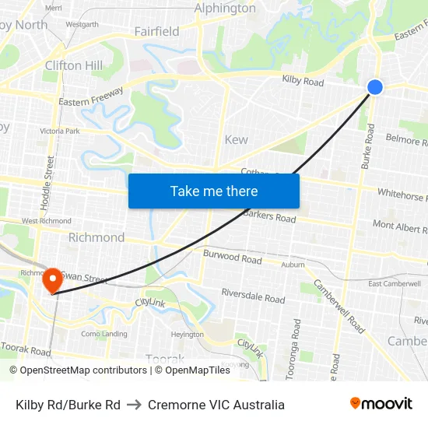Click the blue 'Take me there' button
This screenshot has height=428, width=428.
pyautogui.click(x=213, y=191)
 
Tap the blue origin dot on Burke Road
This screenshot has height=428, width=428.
pyautogui.click(x=375, y=87)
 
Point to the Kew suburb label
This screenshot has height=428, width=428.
pyautogui.click(x=236, y=140)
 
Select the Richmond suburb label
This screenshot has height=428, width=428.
pyautogui.click(x=96, y=237)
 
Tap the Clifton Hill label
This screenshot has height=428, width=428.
pyautogui.click(x=74, y=65)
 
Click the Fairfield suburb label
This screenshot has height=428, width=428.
pyautogui.click(x=156, y=32)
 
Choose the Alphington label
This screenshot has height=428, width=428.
pyautogui.click(x=225, y=9)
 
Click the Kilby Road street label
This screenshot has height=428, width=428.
pyautogui.click(x=303, y=82)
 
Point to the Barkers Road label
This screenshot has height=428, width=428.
pyautogui.click(x=270, y=216)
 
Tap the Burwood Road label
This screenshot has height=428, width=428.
pyautogui.click(x=232, y=257)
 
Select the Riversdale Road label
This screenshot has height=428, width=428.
pyautogui.click(x=253, y=296)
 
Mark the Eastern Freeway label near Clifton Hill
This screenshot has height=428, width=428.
pyautogui.click(x=91, y=98)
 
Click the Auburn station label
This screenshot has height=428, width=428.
pyautogui.click(x=293, y=265)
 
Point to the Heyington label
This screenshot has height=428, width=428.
pyautogui.click(x=187, y=335)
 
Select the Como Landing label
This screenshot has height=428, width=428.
pyautogui.click(x=104, y=334)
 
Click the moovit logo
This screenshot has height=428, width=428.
pyautogui.click(x=381, y=404)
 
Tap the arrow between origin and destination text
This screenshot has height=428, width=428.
pyautogui.click(x=134, y=405)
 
